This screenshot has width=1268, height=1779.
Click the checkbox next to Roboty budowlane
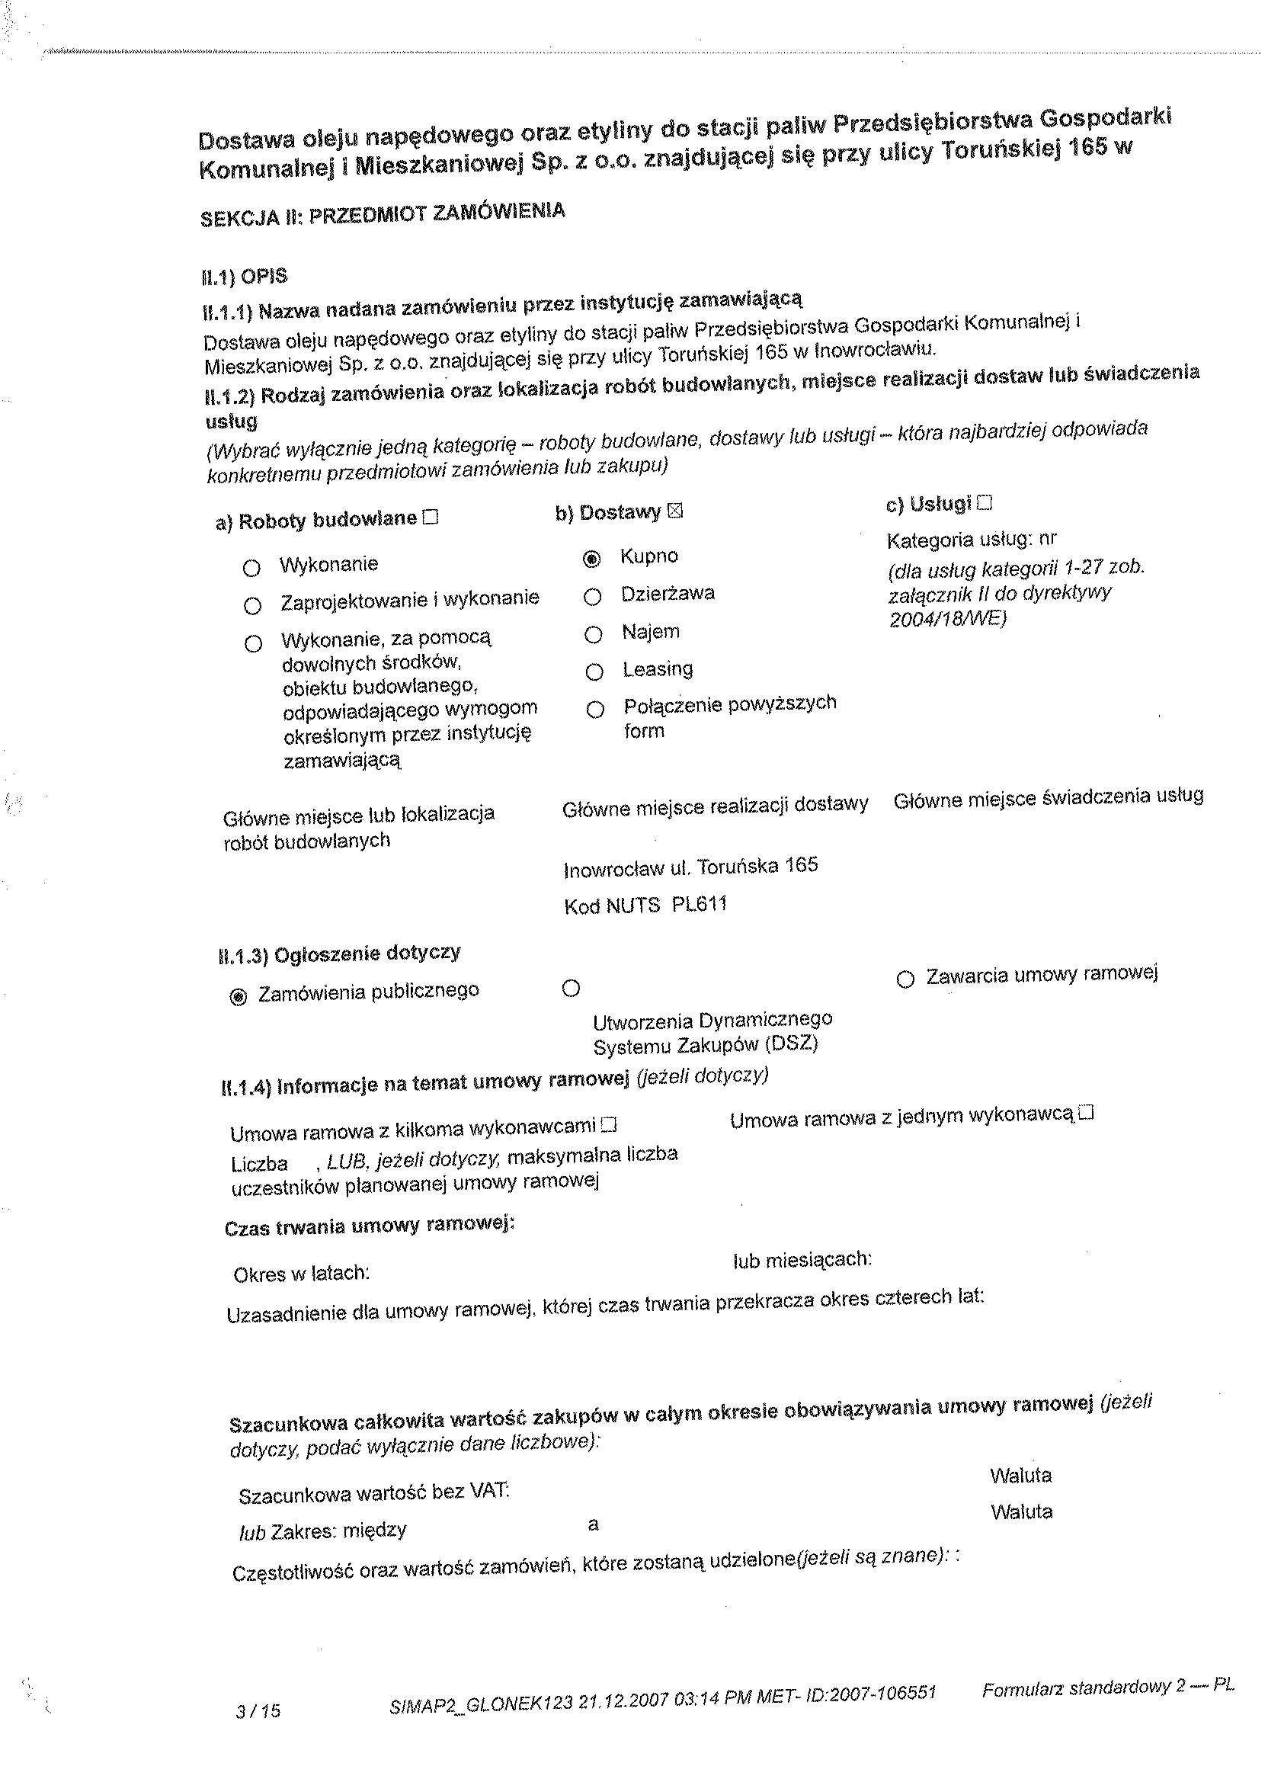(x=431, y=517)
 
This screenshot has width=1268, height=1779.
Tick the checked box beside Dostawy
(x=675, y=511)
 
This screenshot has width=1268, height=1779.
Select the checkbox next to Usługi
(x=984, y=503)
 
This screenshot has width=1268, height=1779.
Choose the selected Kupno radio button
(x=593, y=559)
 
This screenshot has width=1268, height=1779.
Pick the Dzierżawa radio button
(x=593, y=597)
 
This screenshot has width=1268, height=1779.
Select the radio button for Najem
(x=594, y=634)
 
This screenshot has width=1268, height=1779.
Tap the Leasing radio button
(x=594, y=672)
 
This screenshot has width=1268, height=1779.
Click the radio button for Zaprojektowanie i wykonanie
(x=252, y=605)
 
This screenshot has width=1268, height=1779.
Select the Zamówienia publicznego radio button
(x=239, y=996)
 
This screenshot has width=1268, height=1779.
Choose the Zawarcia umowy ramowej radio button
(x=905, y=979)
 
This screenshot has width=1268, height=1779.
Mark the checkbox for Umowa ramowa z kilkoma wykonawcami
(x=610, y=1125)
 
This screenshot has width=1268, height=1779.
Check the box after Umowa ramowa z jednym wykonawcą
(x=1086, y=1113)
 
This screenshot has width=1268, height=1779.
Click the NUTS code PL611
(x=699, y=904)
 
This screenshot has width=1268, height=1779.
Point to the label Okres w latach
(x=302, y=1274)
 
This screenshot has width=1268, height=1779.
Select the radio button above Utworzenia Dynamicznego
(x=571, y=989)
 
